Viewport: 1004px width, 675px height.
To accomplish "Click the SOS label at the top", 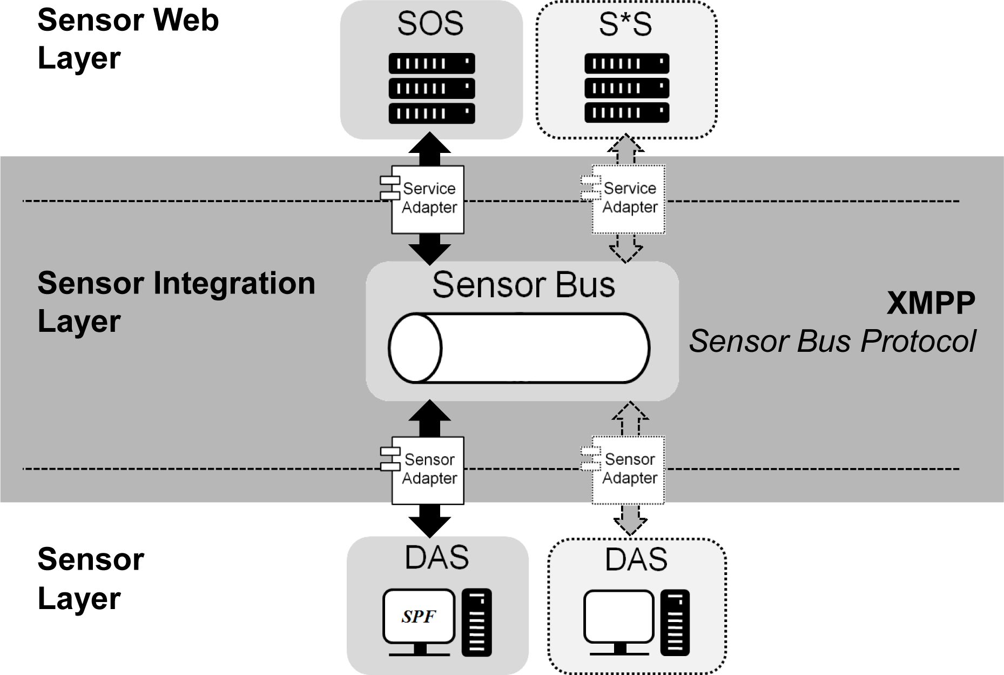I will [x=430, y=24].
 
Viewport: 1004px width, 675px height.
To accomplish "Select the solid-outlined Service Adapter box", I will [x=428, y=199].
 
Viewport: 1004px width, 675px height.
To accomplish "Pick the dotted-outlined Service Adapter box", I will [x=629, y=199].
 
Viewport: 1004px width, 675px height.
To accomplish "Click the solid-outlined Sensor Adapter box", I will [x=428, y=470].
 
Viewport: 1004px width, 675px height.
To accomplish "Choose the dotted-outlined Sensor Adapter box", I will [x=629, y=470].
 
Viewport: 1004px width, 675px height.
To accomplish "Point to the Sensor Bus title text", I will [x=523, y=285].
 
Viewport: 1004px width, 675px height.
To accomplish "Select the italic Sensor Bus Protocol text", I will [x=832, y=341].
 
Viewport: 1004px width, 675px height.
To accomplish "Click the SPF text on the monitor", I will [x=418, y=616].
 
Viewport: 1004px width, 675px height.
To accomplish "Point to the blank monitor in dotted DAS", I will [x=619, y=617].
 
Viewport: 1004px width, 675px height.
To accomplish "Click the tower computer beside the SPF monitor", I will [x=476, y=622].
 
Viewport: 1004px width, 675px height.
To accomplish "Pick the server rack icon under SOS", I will [x=432, y=88].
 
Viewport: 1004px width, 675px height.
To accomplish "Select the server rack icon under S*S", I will [x=626, y=88].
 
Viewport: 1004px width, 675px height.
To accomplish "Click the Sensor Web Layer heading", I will [x=127, y=39].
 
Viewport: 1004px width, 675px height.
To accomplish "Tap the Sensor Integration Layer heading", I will [x=176, y=302].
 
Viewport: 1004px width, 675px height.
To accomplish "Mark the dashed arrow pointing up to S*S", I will [x=625, y=148].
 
